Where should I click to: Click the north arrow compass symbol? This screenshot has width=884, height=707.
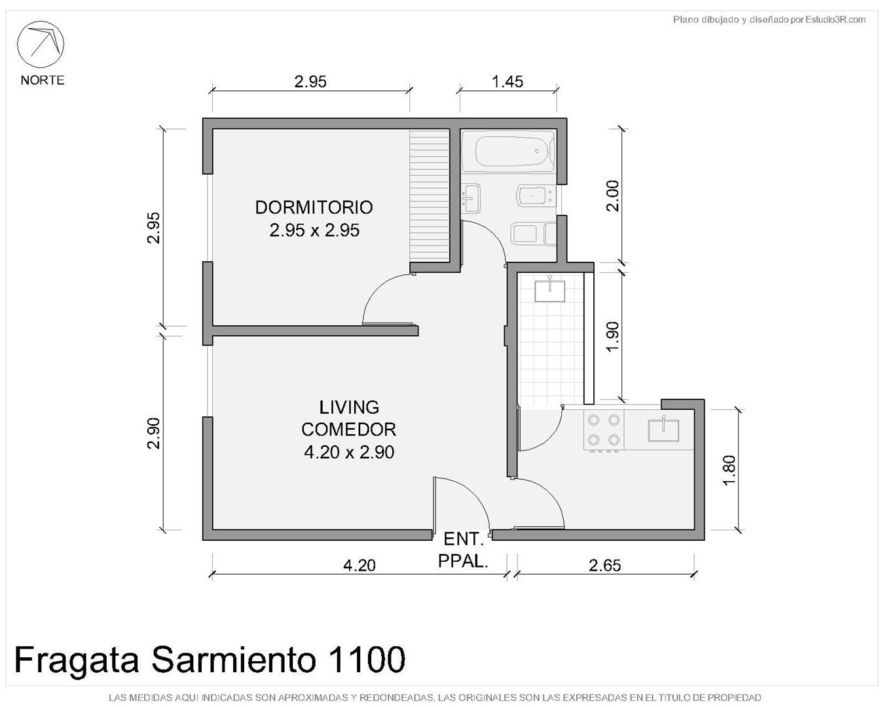click(x=40, y=44)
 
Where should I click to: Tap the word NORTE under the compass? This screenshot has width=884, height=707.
click(x=43, y=80)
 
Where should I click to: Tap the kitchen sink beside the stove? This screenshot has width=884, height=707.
click(x=663, y=429)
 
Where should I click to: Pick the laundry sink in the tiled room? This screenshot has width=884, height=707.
click(x=549, y=290)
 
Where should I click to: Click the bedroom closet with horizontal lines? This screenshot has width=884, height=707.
click(x=430, y=195)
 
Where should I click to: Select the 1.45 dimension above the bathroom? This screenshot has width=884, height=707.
click(x=507, y=82)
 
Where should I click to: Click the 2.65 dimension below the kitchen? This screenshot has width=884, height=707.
click(x=604, y=566)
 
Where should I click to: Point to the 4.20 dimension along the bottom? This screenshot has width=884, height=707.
click(x=359, y=566)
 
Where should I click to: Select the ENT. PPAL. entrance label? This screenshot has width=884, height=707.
click(x=464, y=550)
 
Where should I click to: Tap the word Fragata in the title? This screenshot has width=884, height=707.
click(x=76, y=662)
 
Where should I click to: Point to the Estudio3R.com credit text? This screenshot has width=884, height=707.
click(x=836, y=20)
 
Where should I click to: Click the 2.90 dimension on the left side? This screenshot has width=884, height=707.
click(x=154, y=433)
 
